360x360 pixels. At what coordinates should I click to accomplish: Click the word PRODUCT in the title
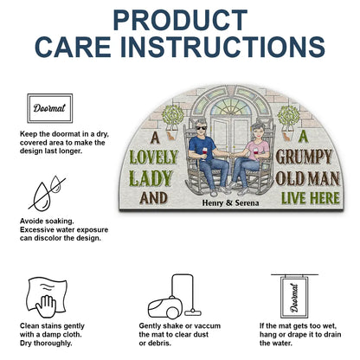pyautogui.click(x=180, y=19)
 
